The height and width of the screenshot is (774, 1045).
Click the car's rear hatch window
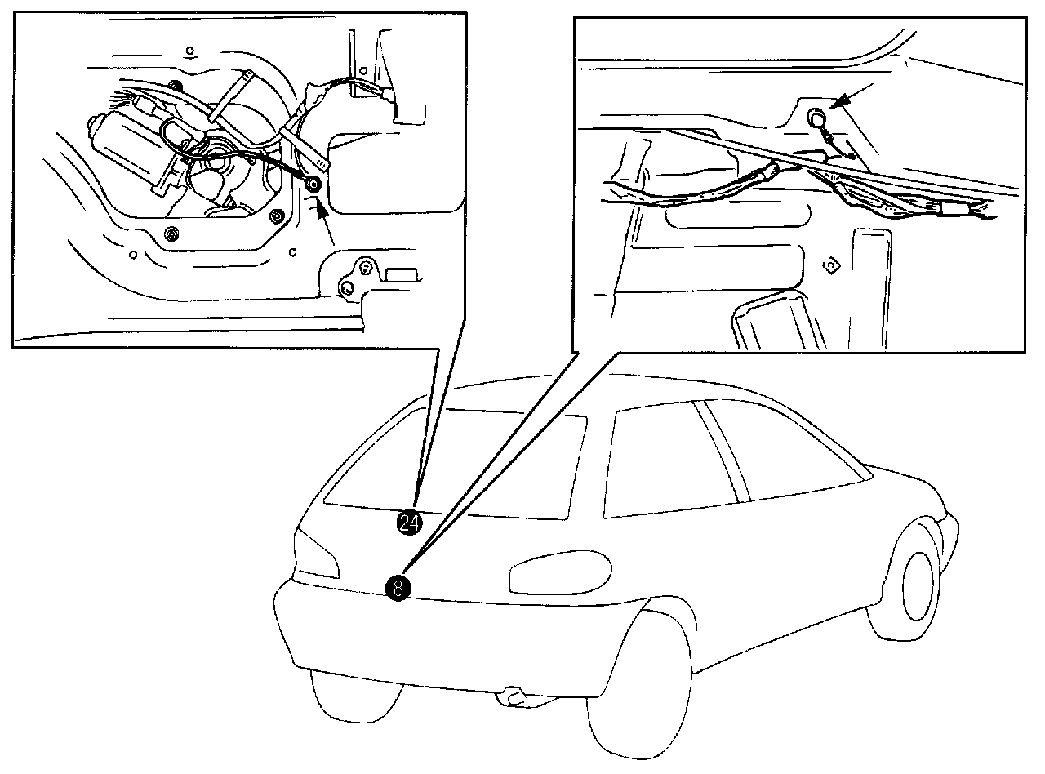(457, 465)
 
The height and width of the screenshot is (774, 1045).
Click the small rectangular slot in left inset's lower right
(401, 274)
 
